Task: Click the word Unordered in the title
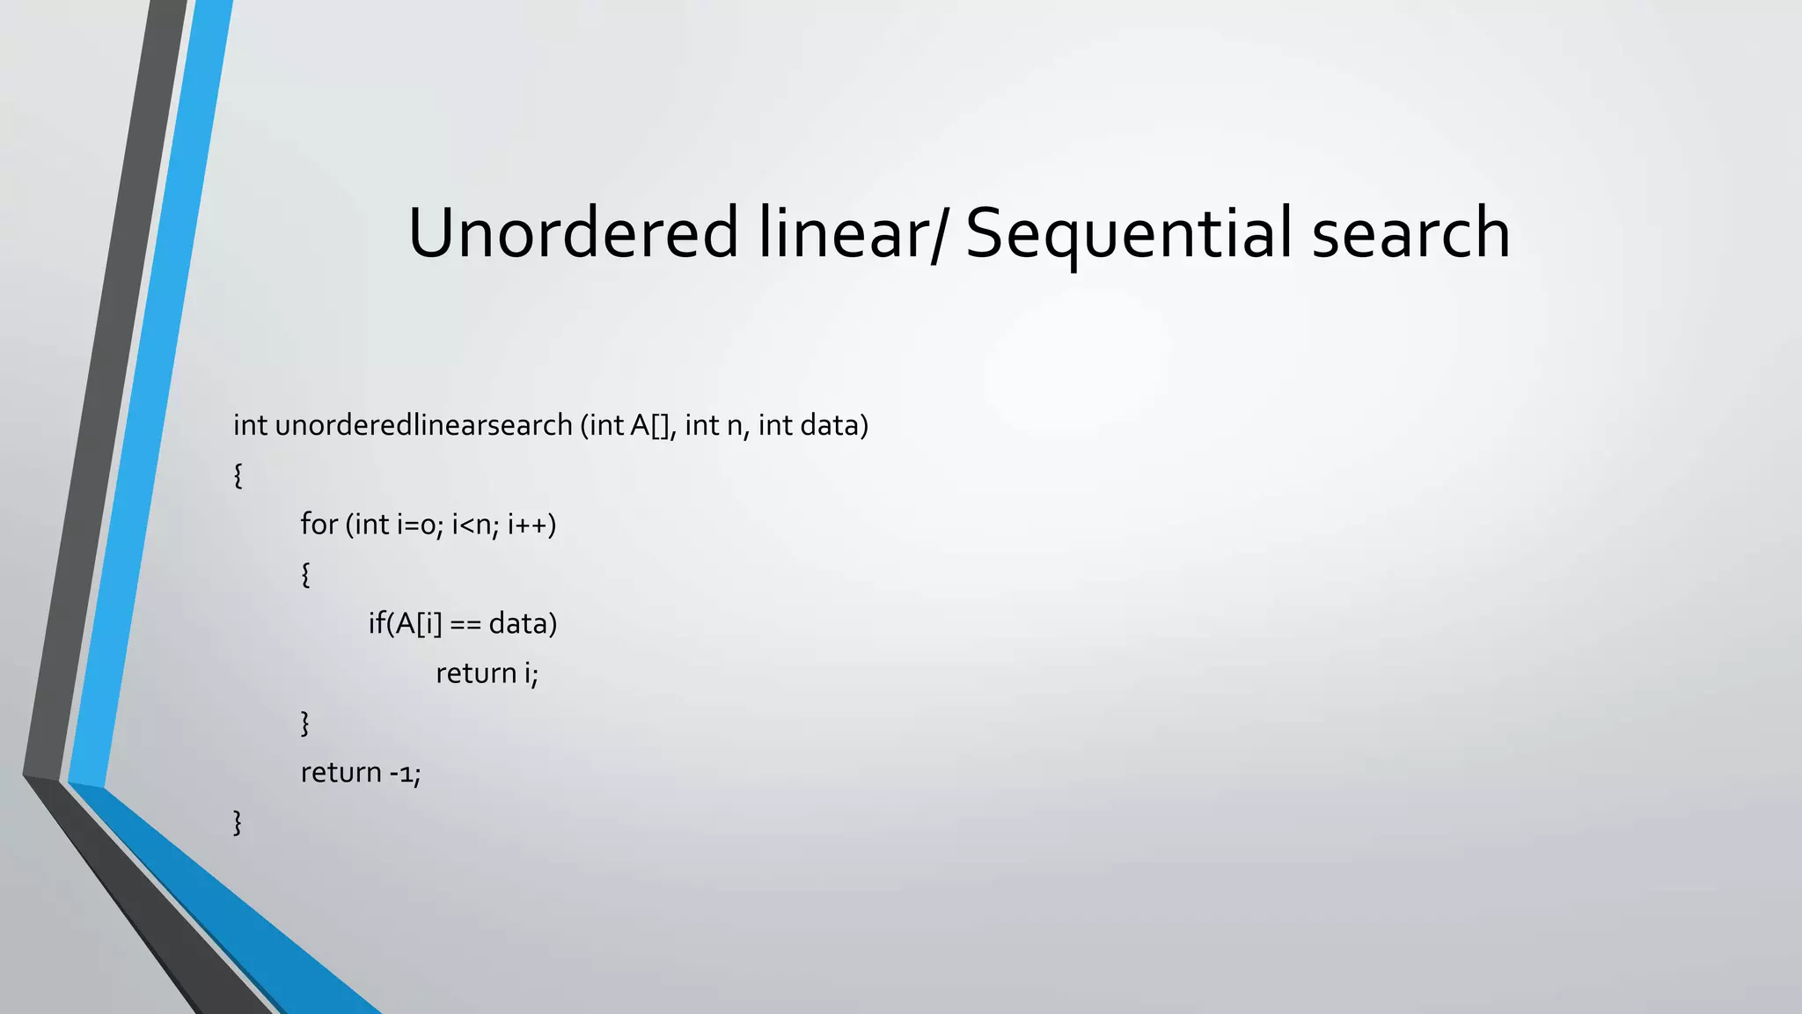[573, 232]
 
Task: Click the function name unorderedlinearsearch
[424, 425]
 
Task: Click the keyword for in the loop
[319, 525]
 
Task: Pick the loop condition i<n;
[475, 525]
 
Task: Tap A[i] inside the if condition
[417, 624]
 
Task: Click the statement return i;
[487, 673]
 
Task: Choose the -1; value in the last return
[405, 773]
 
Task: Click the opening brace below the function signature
[238, 475]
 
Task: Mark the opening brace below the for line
[305, 575]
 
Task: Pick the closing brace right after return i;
[305, 724]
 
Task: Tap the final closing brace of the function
[238, 822]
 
